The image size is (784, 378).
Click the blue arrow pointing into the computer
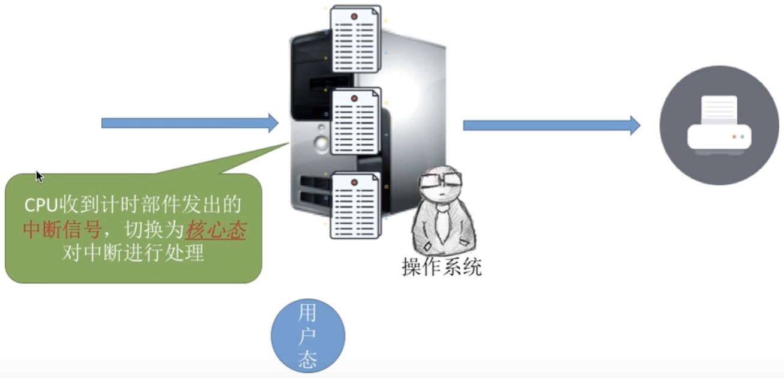click(x=189, y=123)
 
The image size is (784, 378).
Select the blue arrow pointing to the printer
click(x=551, y=125)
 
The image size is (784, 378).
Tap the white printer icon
click(x=719, y=127)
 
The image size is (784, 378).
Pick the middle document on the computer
click(x=356, y=121)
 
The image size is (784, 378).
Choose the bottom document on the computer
click(x=356, y=205)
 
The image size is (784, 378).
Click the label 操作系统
click(x=442, y=267)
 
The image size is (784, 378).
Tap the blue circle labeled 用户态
click(x=308, y=335)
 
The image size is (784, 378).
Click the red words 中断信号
click(x=61, y=230)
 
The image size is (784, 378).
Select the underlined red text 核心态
click(x=216, y=230)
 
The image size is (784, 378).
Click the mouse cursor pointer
click(x=39, y=176)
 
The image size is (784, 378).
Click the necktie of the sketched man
click(x=443, y=221)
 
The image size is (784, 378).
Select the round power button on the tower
click(x=322, y=143)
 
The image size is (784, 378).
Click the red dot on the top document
click(x=354, y=17)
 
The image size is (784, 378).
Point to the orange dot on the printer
click(x=734, y=137)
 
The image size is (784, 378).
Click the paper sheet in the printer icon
click(x=719, y=110)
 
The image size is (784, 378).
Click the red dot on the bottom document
click(x=354, y=182)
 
